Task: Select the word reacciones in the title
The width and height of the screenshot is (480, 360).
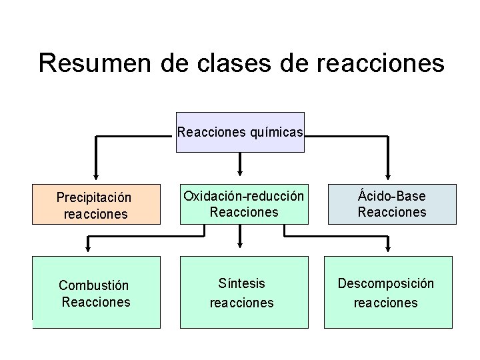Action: pyautogui.click(x=377, y=63)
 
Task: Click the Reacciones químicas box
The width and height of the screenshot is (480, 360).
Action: pyautogui.click(x=240, y=132)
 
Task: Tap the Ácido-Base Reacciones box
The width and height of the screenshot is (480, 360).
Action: pyautogui.click(x=391, y=204)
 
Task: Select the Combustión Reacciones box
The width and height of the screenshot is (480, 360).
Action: pyautogui.click(x=96, y=292)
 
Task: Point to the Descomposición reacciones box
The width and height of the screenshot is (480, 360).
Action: pyautogui.click(x=385, y=292)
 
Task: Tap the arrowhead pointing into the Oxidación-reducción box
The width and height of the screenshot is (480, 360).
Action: pyautogui.click(x=240, y=168)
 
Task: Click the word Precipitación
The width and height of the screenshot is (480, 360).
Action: pyautogui.click(x=94, y=198)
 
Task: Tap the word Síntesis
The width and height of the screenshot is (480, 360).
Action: pyautogui.click(x=241, y=283)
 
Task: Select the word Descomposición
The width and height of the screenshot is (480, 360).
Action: pyautogui.click(x=385, y=283)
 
